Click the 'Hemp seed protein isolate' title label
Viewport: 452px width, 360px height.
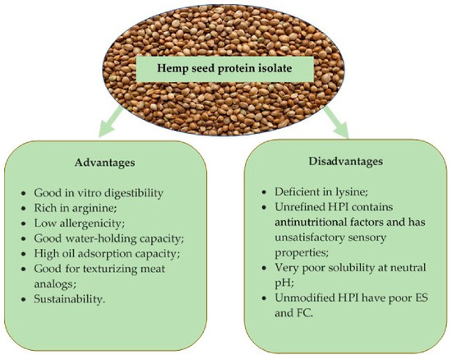(x=224, y=68)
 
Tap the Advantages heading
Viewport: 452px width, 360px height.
(x=104, y=163)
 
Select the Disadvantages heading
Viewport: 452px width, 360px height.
(x=346, y=161)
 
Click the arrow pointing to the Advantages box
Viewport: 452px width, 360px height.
(x=110, y=122)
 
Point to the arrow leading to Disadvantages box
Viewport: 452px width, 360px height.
(x=337, y=122)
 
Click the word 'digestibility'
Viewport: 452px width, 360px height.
(x=134, y=193)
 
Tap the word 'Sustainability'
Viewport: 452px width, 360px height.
(x=69, y=299)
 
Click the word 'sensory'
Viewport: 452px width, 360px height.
(x=367, y=238)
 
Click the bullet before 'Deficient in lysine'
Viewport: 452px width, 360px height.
(x=264, y=192)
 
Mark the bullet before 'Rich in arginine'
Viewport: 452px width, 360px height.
(x=24, y=209)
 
